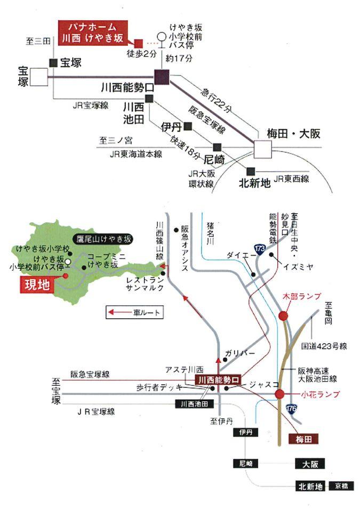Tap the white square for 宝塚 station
tap(39, 77)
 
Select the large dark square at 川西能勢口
tap(161, 77)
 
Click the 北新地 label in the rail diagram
tap(254, 183)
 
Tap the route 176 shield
tap(291, 409)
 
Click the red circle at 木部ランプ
tap(283, 316)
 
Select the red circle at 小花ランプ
tap(279, 394)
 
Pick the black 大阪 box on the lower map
tap(309, 464)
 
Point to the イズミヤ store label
tap(299, 266)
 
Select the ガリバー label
tap(240, 353)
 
